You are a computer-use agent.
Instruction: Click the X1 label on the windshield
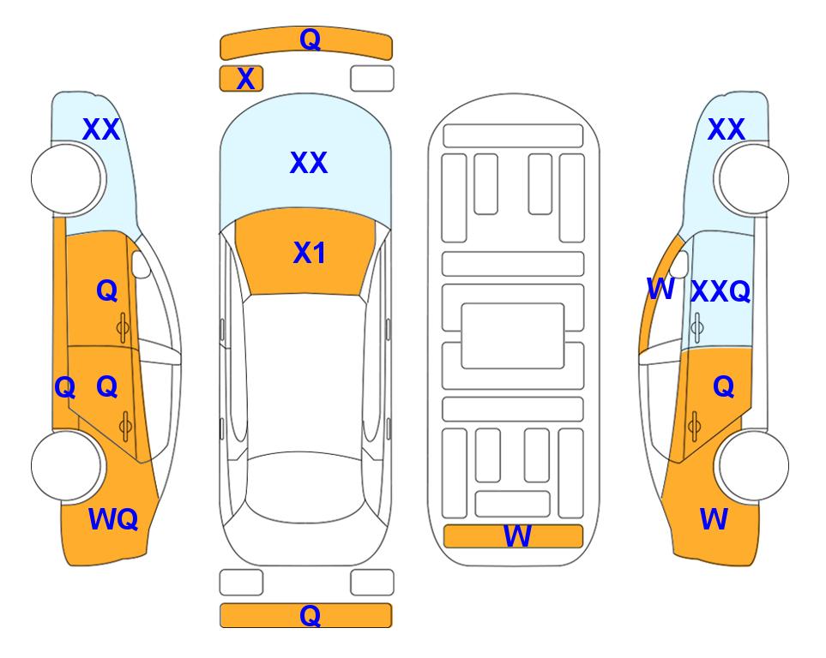point(310,253)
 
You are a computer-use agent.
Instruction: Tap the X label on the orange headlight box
point(245,79)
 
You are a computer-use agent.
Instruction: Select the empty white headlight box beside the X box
point(372,79)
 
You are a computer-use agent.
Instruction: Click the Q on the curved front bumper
point(311,39)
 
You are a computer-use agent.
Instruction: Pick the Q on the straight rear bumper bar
point(310,615)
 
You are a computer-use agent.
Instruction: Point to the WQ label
point(113,519)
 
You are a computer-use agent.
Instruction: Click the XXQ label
point(720,291)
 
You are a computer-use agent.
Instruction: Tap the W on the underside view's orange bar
point(517,536)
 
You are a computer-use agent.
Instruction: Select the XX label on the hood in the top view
point(309,163)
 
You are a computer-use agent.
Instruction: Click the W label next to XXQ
point(660,289)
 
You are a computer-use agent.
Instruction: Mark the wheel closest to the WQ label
point(66,465)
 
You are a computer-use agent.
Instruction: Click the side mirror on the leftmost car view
point(141,264)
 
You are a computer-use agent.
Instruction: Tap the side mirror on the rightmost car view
point(679,264)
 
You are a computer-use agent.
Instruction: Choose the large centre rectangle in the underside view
point(513,336)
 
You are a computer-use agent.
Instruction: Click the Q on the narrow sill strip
point(65,388)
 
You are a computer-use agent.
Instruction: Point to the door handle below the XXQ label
point(697,327)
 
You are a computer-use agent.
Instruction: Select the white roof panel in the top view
point(305,374)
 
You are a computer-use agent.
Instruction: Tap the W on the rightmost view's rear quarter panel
point(714,519)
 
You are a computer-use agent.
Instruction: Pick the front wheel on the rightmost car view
point(753,179)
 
